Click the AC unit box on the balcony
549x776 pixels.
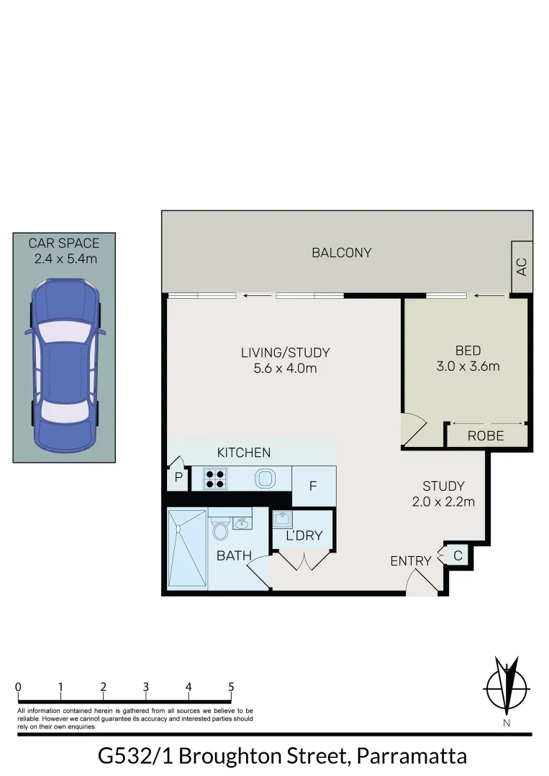tap(522, 267)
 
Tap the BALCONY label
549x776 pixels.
tap(341, 253)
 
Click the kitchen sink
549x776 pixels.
tap(265, 478)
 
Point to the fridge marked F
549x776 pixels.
tap(314, 486)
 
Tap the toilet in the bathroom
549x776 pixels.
tap(220, 530)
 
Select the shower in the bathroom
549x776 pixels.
tap(187, 548)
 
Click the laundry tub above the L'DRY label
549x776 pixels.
tap(282, 519)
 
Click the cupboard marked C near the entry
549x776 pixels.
tap(458, 555)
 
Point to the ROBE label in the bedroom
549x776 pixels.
tap(486, 436)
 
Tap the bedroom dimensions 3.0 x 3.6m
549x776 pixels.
tap(468, 366)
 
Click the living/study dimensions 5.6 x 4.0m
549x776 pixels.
tap(285, 369)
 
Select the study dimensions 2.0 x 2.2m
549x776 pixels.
tap(443, 502)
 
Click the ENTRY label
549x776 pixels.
tap(410, 560)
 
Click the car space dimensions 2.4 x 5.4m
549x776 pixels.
tap(65, 258)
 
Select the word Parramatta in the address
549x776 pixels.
tap(412, 757)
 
